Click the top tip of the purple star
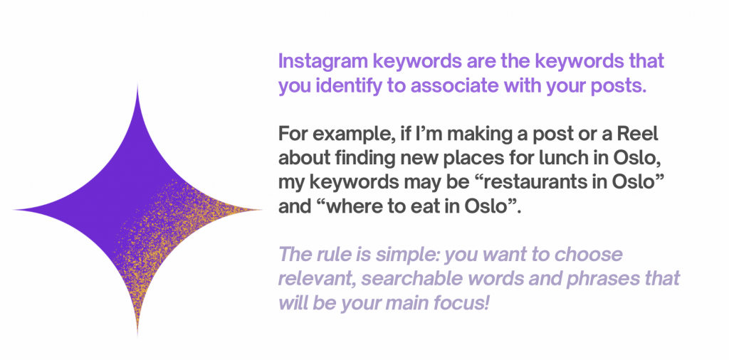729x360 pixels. pyautogui.click(x=137, y=84)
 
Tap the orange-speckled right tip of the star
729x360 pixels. pyautogui.click(x=262, y=210)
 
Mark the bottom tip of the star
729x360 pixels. pyautogui.click(x=137, y=335)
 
